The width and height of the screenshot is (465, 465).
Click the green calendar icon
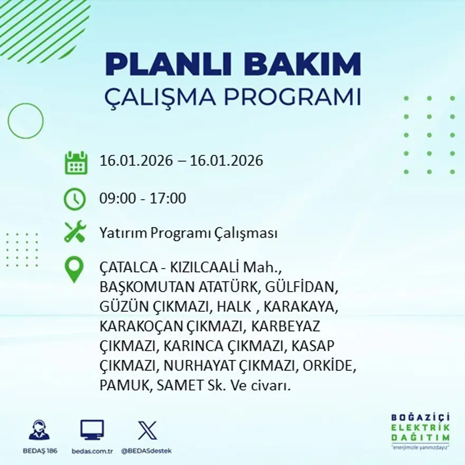point(76,163)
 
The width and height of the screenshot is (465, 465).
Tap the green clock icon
point(75,199)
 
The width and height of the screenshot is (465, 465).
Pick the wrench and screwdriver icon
point(75,232)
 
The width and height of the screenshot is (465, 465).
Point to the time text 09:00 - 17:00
point(143,199)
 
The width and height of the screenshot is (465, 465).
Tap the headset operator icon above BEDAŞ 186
point(39,430)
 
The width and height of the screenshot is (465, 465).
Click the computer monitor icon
point(92,430)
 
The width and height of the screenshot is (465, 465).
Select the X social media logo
point(147,430)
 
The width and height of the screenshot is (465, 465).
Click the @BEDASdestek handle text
point(146,451)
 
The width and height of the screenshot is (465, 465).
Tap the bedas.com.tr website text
point(92,451)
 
